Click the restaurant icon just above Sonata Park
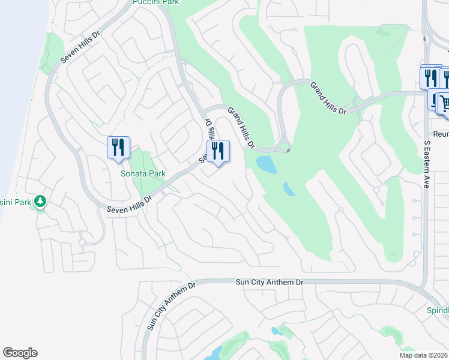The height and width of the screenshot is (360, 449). (x=118, y=147)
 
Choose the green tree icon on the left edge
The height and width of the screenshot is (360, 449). (x=40, y=201)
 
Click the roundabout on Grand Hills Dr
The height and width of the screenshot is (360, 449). (x=283, y=146)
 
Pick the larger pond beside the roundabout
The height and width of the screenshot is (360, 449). (x=265, y=164)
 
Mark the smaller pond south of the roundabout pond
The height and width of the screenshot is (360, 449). (x=289, y=189)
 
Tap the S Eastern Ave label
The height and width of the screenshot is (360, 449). (x=427, y=165)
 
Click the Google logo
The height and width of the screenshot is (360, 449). (x=20, y=353)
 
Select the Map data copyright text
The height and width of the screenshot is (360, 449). (x=424, y=355)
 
